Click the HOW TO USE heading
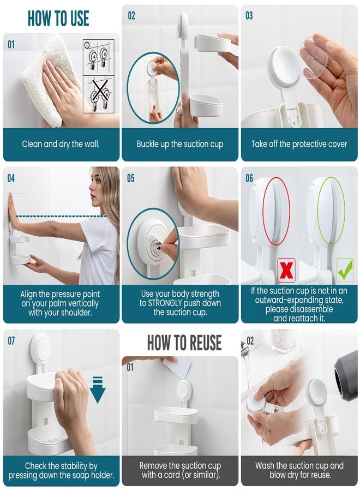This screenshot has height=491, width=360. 58,17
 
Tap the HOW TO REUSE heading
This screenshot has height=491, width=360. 184,342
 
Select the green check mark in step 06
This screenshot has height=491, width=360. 345,270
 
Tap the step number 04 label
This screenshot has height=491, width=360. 11,178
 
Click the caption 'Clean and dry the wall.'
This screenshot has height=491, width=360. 61,145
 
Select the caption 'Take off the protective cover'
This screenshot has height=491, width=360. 299,145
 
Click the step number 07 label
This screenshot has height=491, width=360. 11,341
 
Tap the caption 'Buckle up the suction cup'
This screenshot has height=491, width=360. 179,145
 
